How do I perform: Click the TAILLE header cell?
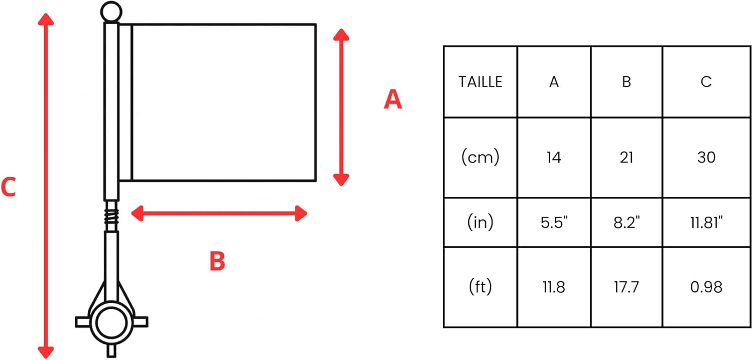[x=480, y=82]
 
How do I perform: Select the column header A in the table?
[x=554, y=82]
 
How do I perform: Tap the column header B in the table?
[x=626, y=82]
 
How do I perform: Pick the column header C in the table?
[x=706, y=82]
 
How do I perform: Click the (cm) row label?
[x=480, y=157]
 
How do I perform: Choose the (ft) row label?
[x=480, y=287]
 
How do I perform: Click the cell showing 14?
[x=554, y=158]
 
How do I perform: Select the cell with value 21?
[x=626, y=158]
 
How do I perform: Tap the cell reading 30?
[x=706, y=158]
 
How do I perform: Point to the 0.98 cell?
[x=706, y=287]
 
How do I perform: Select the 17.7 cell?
[x=626, y=287]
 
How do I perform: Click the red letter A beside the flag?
[x=393, y=99]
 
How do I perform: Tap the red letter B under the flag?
[x=217, y=261]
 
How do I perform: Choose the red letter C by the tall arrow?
[x=9, y=187]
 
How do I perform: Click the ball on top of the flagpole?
[x=111, y=12]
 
